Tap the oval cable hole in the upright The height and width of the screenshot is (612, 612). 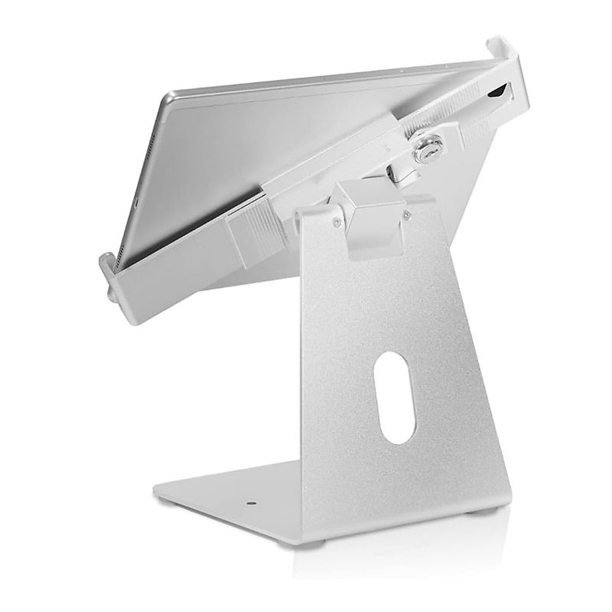pos(396,397)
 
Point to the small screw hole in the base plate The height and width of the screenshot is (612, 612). pos(251,504)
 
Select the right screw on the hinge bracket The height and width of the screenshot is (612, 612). pos(406,215)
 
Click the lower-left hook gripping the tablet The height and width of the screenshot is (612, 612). pos(109,273)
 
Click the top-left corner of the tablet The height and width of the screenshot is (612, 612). pos(167,98)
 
